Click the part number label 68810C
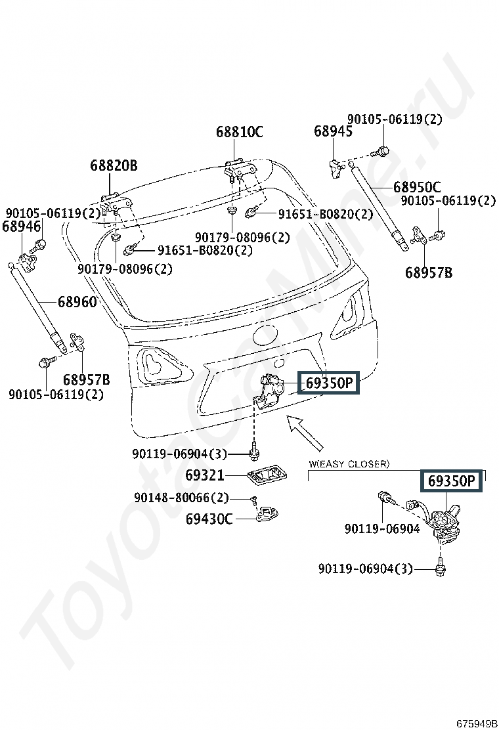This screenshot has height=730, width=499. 239,132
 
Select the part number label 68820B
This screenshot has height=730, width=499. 114,165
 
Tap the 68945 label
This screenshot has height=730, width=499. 333,131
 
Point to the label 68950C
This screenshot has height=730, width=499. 417,187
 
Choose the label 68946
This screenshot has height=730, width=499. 22,226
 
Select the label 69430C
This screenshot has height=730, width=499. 209,519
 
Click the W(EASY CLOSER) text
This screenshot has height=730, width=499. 349,464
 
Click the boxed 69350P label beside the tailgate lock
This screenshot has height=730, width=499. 328,383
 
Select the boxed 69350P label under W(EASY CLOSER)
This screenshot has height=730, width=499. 451,481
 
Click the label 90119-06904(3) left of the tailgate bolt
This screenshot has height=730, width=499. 179,454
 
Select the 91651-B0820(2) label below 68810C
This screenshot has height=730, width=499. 325,214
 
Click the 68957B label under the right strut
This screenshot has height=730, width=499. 428,272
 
